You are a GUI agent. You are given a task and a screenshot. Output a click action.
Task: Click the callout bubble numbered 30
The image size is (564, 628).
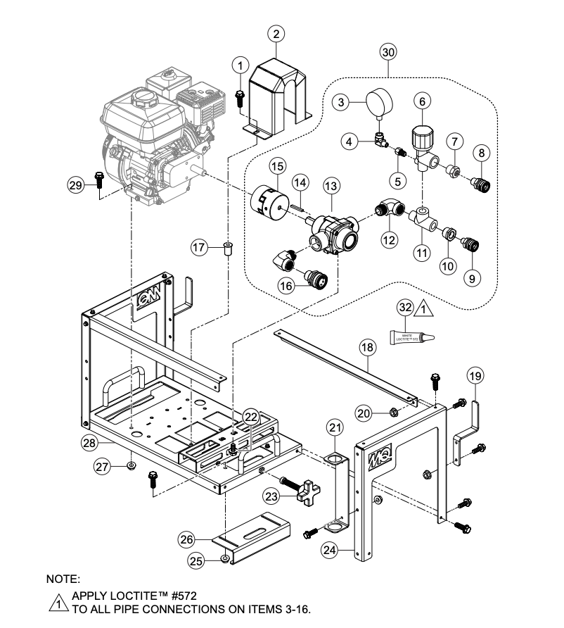[x=388, y=51]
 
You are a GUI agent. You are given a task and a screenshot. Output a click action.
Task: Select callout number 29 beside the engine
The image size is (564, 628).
[x=75, y=185]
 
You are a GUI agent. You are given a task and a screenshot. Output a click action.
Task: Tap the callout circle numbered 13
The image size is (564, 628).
[x=331, y=186]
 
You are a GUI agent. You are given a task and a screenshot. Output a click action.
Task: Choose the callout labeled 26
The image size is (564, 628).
[x=186, y=539]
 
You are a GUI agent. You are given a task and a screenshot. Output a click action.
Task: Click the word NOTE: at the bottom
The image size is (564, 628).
[x=63, y=579]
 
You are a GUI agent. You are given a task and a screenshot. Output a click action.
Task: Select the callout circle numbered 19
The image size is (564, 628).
[x=476, y=376]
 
